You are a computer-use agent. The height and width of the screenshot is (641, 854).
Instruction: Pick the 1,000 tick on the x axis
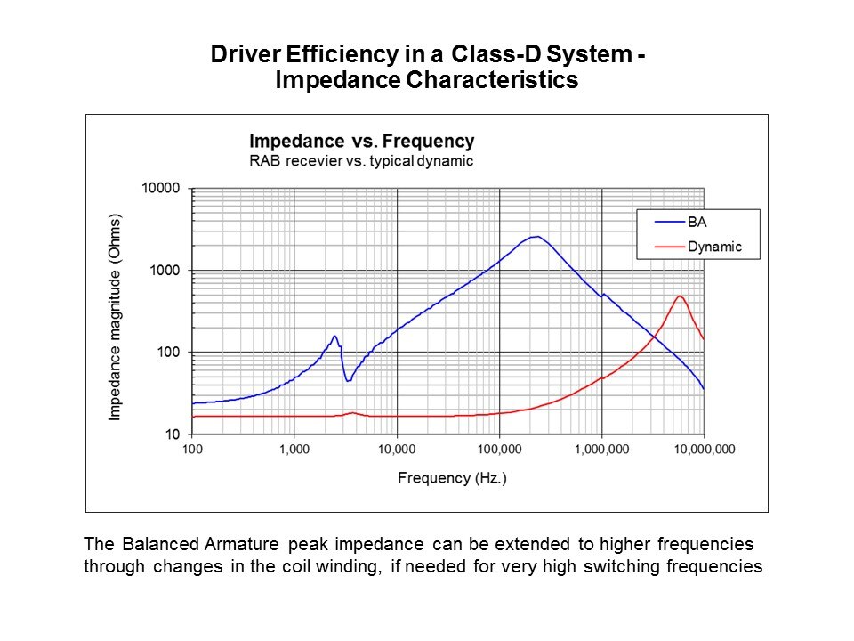(x=294, y=450)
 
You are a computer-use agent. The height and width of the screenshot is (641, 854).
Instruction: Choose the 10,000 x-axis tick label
(x=396, y=450)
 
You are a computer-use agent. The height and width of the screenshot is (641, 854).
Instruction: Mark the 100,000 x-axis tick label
(x=499, y=450)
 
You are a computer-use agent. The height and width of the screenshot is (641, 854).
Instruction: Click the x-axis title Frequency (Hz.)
(x=452, y=478)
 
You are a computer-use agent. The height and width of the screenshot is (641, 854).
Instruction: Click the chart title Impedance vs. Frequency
(x=361, y=142)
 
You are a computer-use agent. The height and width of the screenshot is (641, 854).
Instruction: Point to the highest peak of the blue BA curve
(x=536, y=237)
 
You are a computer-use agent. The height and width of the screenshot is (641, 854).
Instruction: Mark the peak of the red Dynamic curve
(x=680, y=296)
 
